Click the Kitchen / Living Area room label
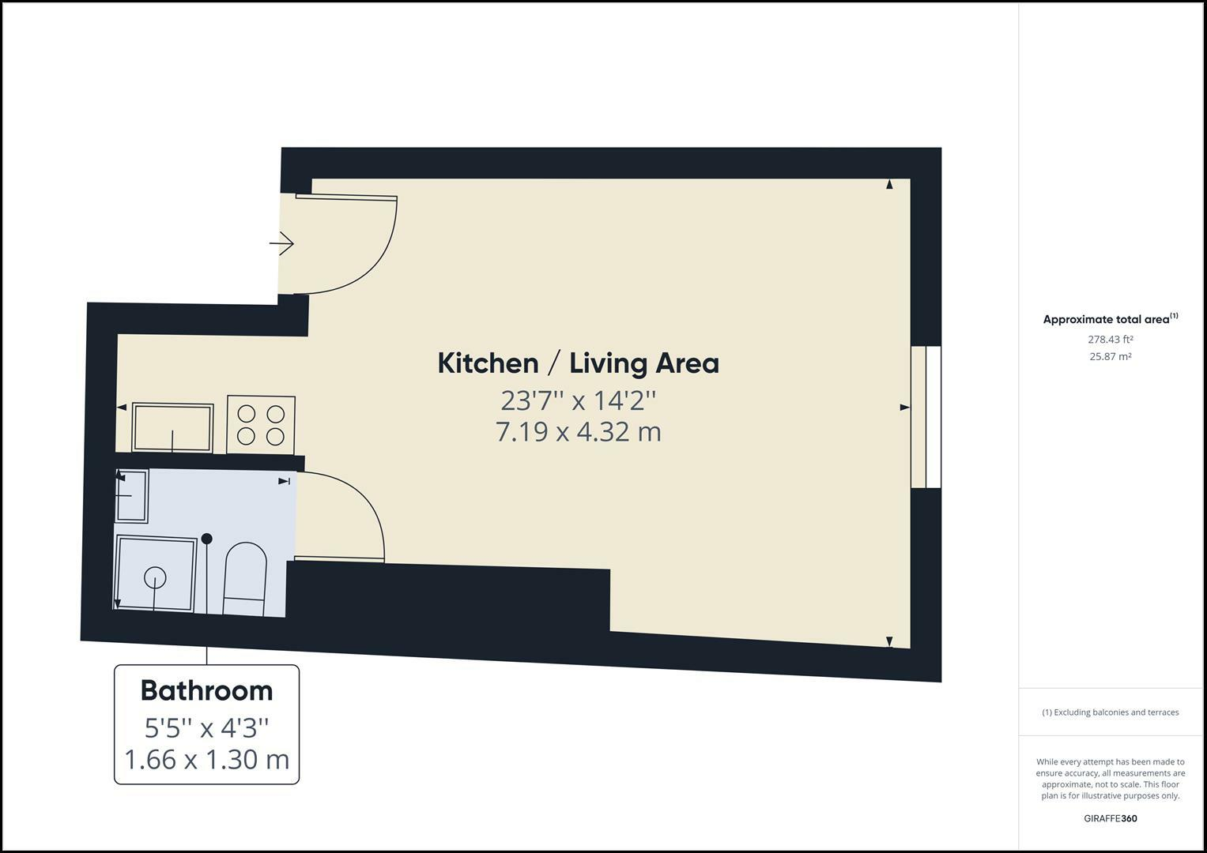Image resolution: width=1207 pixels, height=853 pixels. tap(578, 363)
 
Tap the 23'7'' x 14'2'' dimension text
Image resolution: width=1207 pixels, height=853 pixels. tap(578, 400)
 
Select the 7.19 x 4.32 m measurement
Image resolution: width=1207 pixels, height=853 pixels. tap(578, 432)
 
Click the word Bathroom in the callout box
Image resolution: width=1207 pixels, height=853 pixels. tap(206, 690)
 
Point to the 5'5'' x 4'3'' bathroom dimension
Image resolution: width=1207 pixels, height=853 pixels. tap(206, 726)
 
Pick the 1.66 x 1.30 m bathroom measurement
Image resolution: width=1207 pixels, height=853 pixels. tap(206, 759)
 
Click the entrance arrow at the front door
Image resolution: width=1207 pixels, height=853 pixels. tap(282, 243)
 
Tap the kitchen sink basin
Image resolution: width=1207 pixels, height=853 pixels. tap(172, 428)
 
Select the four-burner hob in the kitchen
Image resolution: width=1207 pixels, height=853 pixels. tap(261, 425)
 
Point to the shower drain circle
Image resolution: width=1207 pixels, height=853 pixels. tap(155, 578)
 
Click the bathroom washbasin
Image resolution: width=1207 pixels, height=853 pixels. tap(132, 495)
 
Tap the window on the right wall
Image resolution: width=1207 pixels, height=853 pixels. tap(926, 416)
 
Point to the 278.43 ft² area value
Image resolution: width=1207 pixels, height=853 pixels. tap(1110, 340)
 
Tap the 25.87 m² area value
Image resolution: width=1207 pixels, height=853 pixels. tap(1110, 356)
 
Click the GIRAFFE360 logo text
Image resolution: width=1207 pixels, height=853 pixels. tap(1110, 818)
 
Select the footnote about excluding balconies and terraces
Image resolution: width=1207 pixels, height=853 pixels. tap(1110, 712)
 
